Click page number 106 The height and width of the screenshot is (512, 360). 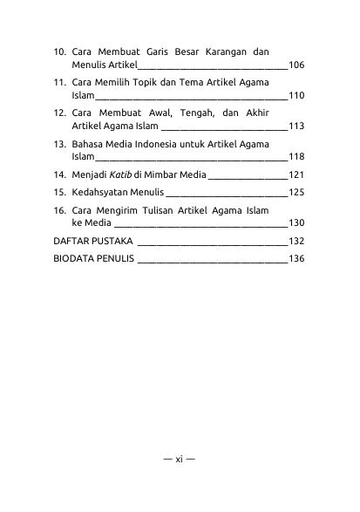pos(295,65)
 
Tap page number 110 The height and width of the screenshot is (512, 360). pos(295,96)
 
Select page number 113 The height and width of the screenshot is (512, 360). pos(295,126)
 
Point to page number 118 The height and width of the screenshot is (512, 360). pos(295,157)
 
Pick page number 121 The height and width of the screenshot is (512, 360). pos(295,175)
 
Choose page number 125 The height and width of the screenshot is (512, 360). pos(295,192)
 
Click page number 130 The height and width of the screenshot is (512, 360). pos(295,222)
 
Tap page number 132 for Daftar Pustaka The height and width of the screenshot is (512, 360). pos(295,241)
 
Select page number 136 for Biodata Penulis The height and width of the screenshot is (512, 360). pos(295,259)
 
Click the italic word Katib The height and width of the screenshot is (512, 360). pos(108,175)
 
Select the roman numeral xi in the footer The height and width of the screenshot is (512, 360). pos(179,481)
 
